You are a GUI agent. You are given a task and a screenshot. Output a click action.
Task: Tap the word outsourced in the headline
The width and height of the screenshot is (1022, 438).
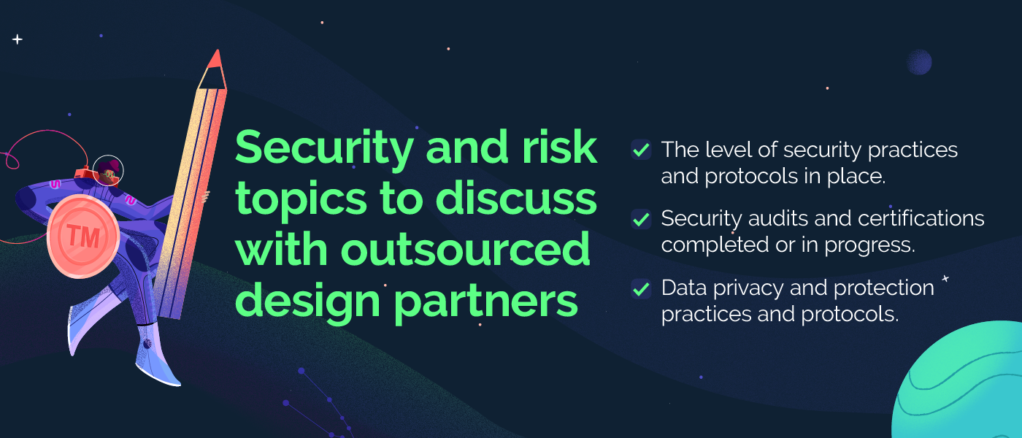tap(466, 249)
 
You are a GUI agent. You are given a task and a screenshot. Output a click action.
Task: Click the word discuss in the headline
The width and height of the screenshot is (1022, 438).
tap(516, 199)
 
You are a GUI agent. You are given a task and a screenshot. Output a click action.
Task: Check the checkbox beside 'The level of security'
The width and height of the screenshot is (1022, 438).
tap(641, 149)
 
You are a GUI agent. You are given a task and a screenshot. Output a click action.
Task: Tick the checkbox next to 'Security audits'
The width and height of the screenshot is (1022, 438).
tap(641, 218)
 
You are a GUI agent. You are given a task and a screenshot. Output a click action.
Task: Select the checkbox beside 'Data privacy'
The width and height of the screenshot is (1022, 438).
tap(641, 288)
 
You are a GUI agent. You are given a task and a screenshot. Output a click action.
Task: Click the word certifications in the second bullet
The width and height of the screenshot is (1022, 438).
tap(921, 218)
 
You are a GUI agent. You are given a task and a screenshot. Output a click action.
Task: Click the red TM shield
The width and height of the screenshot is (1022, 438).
tap(83, 236)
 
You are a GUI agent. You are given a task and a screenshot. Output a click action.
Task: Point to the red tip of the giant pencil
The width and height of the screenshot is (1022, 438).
tap(216, 58)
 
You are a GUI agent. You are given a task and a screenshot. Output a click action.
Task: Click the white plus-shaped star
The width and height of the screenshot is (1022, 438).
tap(18, 39)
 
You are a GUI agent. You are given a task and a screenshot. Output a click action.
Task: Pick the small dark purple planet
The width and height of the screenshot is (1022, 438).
tap(919, 61)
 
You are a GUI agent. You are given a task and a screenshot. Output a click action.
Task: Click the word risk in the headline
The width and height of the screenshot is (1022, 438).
tap(559, 147)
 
